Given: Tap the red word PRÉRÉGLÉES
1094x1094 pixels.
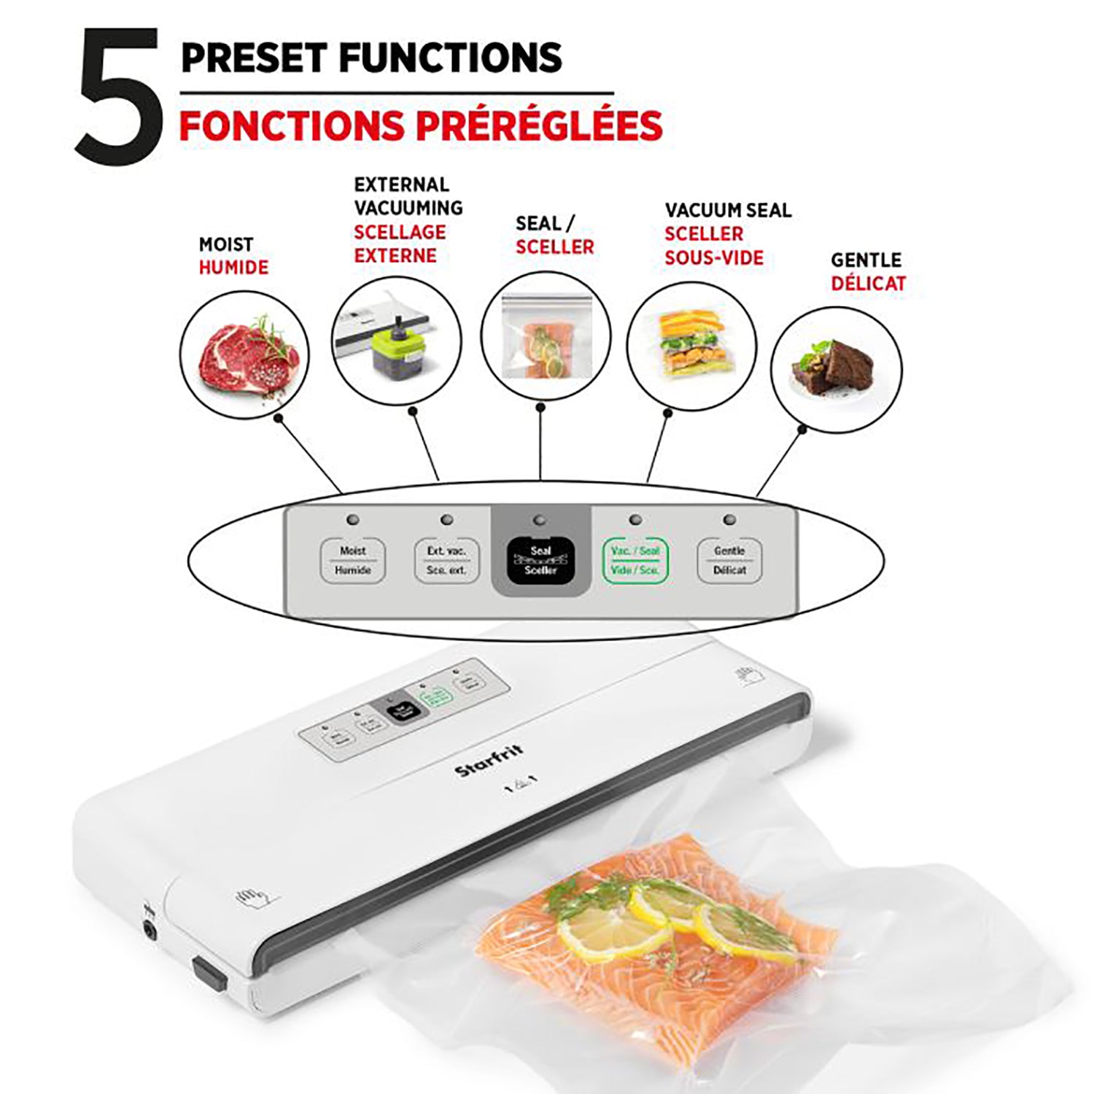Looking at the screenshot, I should pos(540,125).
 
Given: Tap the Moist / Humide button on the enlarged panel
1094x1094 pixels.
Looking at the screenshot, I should pos(353,560).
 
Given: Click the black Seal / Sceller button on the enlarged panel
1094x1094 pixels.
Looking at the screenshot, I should pos(540,560).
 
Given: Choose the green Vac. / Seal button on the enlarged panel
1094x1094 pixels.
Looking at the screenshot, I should pos(635,560).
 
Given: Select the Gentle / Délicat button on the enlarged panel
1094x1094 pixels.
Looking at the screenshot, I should pos(729,560).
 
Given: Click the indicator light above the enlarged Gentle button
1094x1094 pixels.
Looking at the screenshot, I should pos(729,520).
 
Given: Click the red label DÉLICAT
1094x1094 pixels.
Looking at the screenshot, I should pos(868,284).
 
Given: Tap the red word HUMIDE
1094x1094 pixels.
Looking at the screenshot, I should pos(233,268).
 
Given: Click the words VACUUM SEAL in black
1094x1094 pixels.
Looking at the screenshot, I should pos(728,211).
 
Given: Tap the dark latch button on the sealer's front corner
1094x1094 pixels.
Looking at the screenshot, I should pos(209,974).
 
